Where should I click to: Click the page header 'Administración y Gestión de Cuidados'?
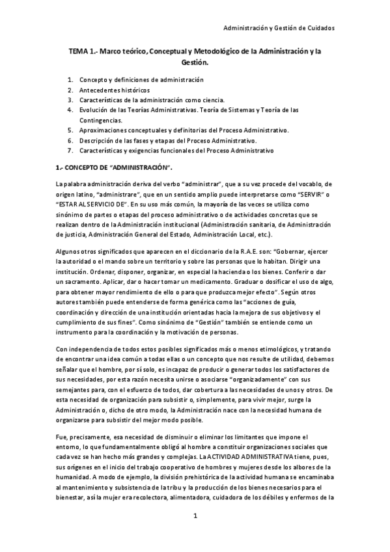279,28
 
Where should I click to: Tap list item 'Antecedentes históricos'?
114,90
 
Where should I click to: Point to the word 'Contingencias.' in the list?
101,120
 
